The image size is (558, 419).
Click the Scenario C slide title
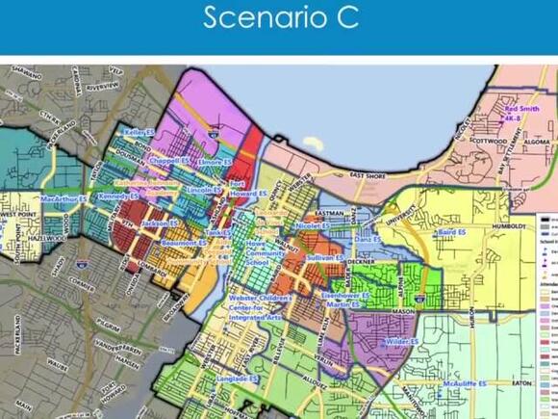pos(278,18)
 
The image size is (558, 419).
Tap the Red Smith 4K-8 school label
pos(522,116)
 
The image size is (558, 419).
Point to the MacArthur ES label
pos(63,199)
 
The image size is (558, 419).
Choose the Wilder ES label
pos(401,341)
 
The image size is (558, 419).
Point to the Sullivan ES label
pos(324,258)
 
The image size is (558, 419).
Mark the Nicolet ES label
pos(312,225)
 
